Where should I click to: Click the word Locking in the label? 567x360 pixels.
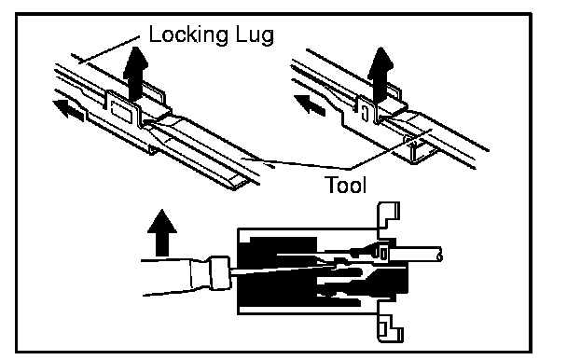click(188, 35)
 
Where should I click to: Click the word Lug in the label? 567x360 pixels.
click(255, 35)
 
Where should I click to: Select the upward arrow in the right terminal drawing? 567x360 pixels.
click(380, 74)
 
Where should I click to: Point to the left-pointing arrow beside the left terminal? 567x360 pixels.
click(69, 110)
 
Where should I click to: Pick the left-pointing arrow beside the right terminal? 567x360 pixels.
click(310, 104)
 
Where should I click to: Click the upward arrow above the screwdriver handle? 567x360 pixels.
click(162, 232)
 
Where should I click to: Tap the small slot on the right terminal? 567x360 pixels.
click(365, 113)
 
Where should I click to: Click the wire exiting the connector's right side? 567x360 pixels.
click(415, 254)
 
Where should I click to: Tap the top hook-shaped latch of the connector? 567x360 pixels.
click(388, 216)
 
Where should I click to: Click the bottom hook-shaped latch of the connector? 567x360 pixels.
click(390, 327)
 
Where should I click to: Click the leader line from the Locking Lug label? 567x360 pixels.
click(109, 49)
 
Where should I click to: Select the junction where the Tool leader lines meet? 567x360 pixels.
click(350, 169)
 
